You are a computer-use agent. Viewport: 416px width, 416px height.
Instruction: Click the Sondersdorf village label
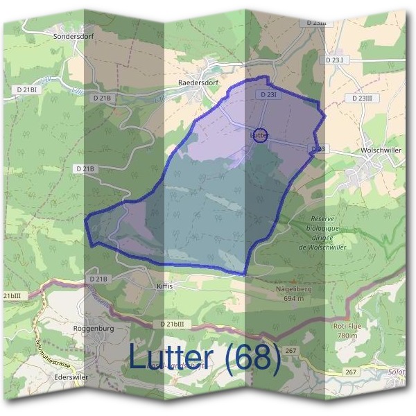[x=73, y=33]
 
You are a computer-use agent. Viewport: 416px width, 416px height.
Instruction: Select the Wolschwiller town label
[x=381, y=149]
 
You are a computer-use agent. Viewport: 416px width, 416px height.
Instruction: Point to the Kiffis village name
[x=164, y=286]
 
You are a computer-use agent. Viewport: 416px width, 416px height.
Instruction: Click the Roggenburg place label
[x=92, y=327]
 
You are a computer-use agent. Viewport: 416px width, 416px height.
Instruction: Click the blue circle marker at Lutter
[x=259, y=136]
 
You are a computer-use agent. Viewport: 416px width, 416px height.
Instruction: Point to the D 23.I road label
[x=334, y=61]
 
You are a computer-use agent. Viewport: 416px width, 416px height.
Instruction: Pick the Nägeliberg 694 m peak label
[x=293, y=293]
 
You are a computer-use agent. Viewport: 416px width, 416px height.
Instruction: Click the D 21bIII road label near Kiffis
[x=171, y=324]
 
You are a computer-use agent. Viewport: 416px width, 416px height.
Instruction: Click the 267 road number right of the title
[x=291, y=351]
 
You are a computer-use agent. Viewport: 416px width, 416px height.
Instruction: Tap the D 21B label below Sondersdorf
[x=101, y=98]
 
